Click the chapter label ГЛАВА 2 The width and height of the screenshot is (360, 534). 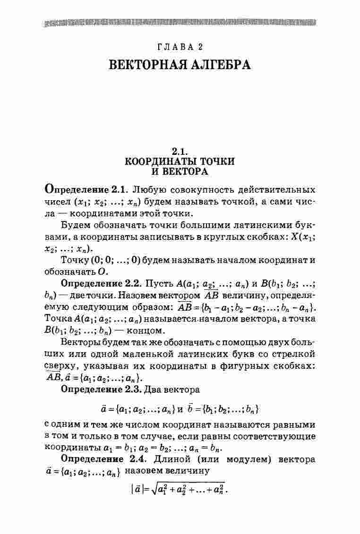click(180, 46)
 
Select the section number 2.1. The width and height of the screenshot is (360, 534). click(180, 152)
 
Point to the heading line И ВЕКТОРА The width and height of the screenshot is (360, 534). click(180, 171)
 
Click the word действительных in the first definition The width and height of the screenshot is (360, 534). click(276, 190)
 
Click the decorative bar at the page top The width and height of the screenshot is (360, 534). click(180, 23)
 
